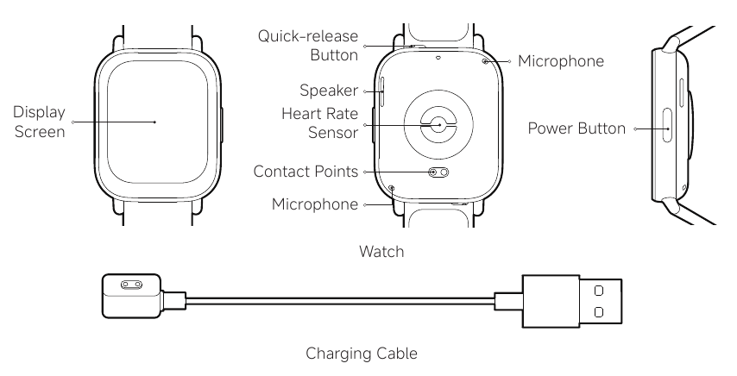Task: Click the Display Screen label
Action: coord(40,122)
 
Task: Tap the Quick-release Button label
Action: coord(308,46)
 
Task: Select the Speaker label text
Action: coord(329,91)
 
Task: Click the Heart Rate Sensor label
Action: coord(320,123)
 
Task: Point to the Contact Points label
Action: coord(306,172)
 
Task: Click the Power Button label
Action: coord(576,128)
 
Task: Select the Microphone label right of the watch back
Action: coord(561,61)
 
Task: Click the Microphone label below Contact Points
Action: coord(315,204)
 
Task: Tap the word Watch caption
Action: coord(381,251)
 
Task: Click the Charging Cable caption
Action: coord(362,353)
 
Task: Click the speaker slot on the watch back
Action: coord(382,91)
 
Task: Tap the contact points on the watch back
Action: coord(439,172)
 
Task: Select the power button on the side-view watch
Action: coord(667,125)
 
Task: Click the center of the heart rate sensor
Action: coord(439,125)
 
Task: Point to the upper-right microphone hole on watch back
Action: coord(485,61)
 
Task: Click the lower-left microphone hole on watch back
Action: coord(392,188)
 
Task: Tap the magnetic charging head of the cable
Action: coord(132,296)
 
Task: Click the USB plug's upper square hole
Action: coord(598,291)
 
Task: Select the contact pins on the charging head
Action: coord(131,285)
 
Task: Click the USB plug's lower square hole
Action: coord(598,312)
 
